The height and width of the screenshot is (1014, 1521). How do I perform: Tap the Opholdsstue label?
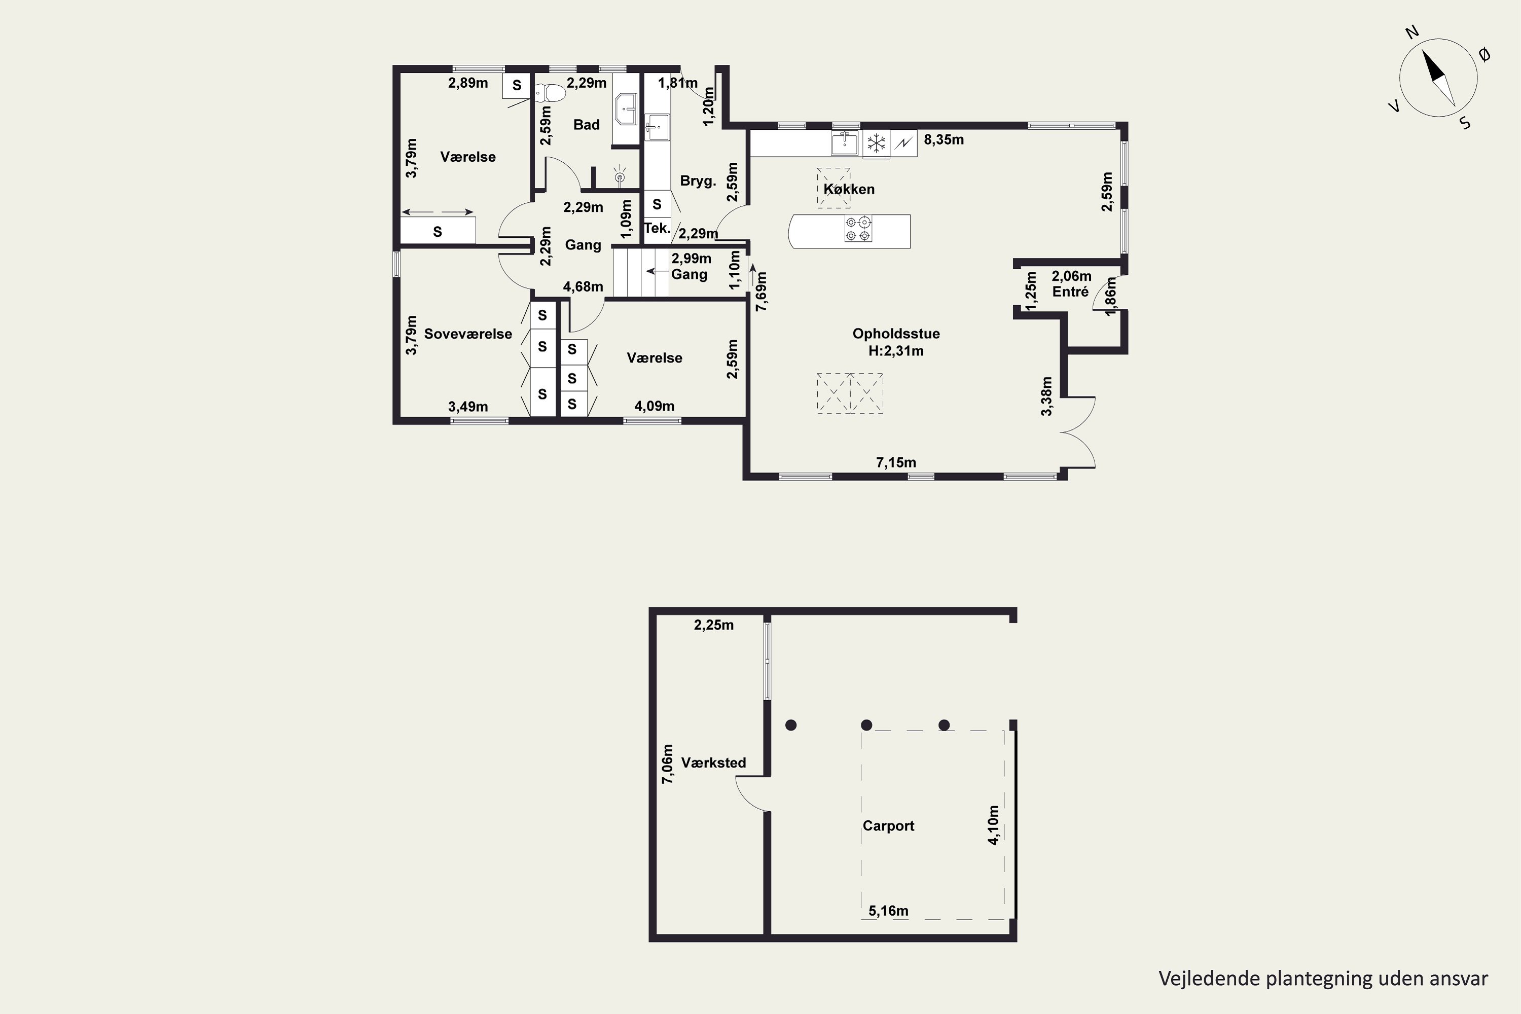click(x=896, y=334)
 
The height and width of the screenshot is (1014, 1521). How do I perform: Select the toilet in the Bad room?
click(x=550, y=93)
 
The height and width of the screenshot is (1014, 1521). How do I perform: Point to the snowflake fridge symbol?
click(x=876, y=143)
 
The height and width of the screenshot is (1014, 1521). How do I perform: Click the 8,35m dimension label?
click(x=944, y=140)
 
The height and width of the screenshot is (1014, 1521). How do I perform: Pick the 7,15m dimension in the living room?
click(x=896, y=462)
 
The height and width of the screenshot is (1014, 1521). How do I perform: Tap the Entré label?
click(x=1070, y=292)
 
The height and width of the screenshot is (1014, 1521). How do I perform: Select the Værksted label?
click(x=713, y=763)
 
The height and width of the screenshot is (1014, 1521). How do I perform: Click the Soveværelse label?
click(x=467, y=334)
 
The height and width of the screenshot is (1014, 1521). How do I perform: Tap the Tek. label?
click(x=657, y=228)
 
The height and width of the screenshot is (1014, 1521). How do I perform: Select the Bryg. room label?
click(x=698, y=181)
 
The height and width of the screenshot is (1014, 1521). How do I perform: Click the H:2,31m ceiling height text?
click(x=896, y=351)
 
